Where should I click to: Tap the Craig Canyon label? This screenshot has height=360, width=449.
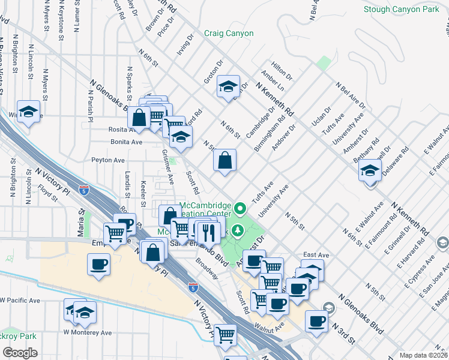[228, 34]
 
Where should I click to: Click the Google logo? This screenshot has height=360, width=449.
[20, 353]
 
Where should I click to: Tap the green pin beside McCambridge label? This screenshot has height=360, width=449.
[240, 209]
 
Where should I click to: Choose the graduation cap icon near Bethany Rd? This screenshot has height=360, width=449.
[370, 171]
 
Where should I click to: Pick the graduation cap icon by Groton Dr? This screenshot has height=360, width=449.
[229, 86]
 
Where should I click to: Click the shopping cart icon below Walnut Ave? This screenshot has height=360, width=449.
[226, 335]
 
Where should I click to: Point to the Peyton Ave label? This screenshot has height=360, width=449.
[108, 160]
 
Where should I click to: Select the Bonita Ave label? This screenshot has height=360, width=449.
[126, 142]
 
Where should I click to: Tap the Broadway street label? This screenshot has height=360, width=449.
[207, 269]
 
